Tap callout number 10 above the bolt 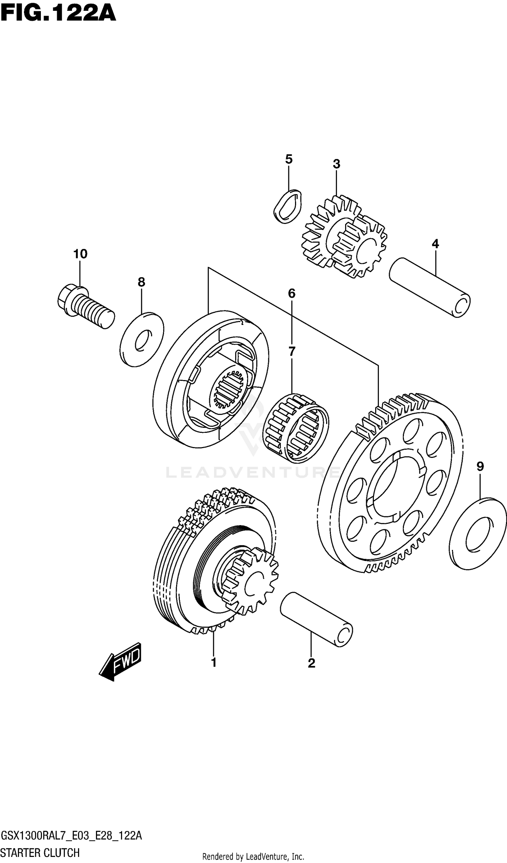click(x=80, y=254)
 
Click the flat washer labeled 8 click(x=142, y=340)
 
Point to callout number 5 click(x=289, y=159)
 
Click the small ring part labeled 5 click(x=288, y=207)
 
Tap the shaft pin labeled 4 click(x=430, y=288)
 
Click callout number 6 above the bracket click(x=291, y=293)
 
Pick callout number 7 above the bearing click(x=291, y=351)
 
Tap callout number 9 click(x=480, y=466)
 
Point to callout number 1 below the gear click(x=214, y=663)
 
